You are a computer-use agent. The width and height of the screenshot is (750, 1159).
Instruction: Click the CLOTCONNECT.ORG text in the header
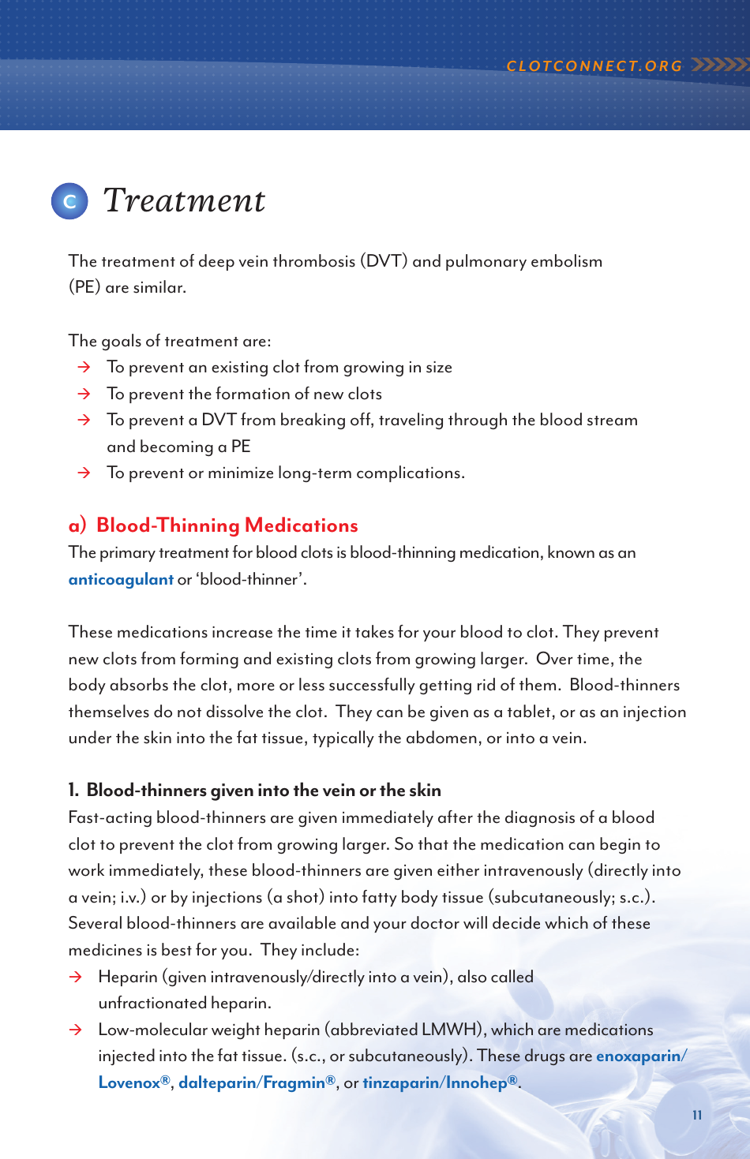pyautogui.click(x=594, y=66)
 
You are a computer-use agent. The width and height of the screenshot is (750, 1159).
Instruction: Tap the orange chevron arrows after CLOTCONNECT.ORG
pyautogui.click(x=718, y=65)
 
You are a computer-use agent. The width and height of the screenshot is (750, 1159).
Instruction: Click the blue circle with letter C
pyautogui.click(x=69, y=201)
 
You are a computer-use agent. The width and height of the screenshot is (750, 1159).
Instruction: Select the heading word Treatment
pyautogui.click(x=184, y=200)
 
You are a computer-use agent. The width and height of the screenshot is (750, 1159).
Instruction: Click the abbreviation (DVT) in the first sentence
pyautogui.click(x=383, y=261)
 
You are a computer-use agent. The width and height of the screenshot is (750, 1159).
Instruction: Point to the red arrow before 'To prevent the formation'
pyautogui.click(x=84, y=394)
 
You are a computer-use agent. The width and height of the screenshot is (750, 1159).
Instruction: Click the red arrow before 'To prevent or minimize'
pyautogui.click(x=84, y=473)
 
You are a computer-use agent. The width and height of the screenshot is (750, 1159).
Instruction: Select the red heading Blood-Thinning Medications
pyautogui.click(x=227, y=525)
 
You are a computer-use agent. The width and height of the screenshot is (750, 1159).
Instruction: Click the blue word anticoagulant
pyautogui.click(x=121, y=579)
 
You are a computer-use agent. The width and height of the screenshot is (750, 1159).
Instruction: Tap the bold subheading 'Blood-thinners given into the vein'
pyautogui.click(x=263, y=791)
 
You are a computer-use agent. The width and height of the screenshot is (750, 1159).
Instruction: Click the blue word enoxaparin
pyautogui.click(x=639, y=1056)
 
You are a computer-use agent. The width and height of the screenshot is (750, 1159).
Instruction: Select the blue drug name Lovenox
pyautogui.click(x=133, y=1082)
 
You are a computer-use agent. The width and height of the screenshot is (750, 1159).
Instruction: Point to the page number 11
pyautogui.click(x=697, y=1115)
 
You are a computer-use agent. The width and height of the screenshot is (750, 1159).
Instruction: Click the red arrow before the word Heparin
pyautogui.click(x=76, y=977)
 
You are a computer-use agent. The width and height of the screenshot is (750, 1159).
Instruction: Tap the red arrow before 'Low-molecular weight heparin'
pyautogui.click(x=76, y=1030)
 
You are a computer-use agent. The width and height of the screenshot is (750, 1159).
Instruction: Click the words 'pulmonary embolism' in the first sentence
pyautogui.click(x=523, y=261)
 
